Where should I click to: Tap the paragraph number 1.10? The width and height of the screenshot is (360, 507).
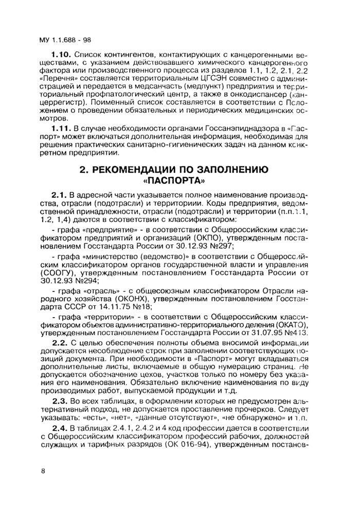click(x=62, y=53)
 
